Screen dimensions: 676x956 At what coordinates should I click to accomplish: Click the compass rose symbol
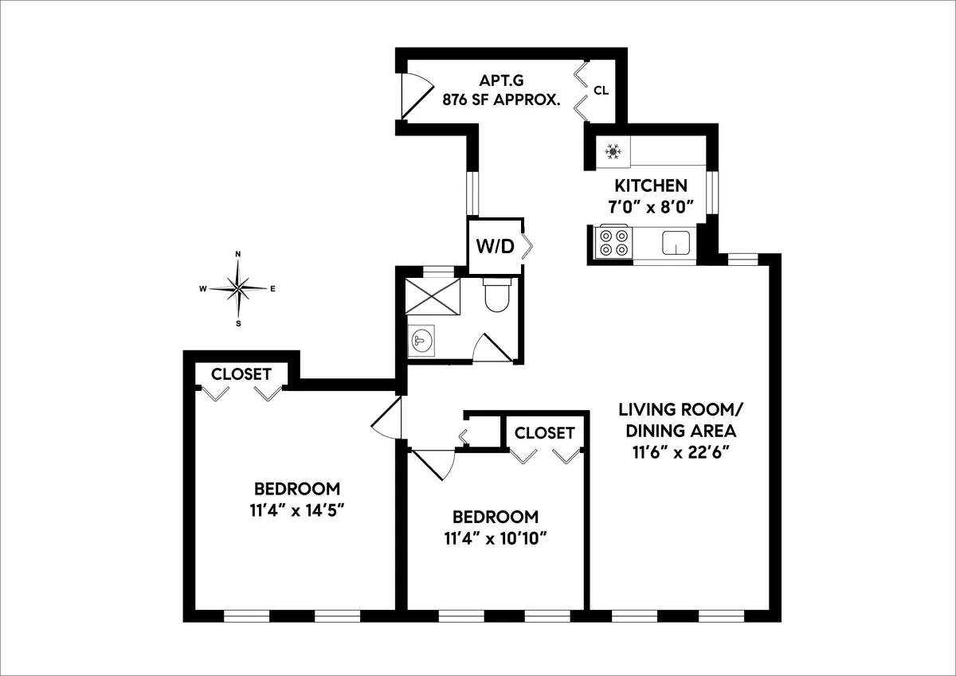(238, 288)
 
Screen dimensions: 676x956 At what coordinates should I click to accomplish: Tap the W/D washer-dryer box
(495, 246)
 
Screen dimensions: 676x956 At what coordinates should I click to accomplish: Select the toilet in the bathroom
(496, 295)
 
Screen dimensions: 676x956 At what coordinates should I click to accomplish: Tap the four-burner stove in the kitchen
(613, 243)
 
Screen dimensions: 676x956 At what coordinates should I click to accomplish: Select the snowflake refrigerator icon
(613, 150)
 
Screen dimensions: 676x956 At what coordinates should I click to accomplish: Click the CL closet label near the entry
(601, 91)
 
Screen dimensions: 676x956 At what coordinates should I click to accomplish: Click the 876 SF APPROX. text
(502, 100)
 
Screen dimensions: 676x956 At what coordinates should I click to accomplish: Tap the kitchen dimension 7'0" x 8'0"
(650, 205)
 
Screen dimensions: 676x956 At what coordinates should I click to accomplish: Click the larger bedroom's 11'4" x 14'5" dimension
(296, 509)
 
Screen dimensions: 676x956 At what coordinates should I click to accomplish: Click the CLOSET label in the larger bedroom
(241, 374)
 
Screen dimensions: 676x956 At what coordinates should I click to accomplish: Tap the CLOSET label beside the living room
(544, 433)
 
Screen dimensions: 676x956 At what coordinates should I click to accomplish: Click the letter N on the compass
(237, 255)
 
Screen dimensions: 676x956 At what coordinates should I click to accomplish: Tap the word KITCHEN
(650, 186)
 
